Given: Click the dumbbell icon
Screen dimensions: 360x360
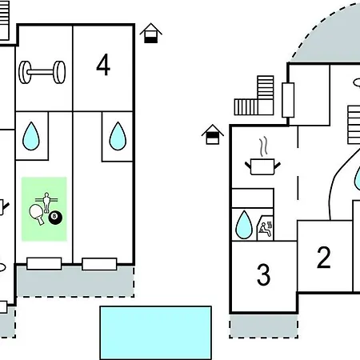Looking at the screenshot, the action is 42,72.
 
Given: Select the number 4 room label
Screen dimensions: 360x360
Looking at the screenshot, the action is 103,65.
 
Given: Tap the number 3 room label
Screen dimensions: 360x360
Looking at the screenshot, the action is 263,274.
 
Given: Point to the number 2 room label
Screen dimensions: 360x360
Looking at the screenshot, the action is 324,258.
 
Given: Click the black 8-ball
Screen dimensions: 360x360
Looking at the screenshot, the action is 55,218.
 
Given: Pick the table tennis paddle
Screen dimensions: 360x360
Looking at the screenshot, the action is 37,214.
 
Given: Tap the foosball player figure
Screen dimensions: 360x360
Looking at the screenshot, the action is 46,202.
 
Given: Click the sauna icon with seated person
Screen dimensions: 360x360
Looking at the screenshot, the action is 266,228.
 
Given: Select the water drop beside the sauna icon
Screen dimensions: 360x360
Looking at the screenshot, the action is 244,225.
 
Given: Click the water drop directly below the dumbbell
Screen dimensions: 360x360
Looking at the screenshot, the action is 31,136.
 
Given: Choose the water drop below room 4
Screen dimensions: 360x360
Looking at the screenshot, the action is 118,136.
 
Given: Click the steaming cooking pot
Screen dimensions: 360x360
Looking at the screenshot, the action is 262,166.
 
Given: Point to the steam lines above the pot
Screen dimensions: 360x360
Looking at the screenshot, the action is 263,146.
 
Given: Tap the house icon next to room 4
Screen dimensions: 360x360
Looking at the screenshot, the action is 151,33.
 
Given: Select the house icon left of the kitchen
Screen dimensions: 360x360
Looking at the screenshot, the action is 213,134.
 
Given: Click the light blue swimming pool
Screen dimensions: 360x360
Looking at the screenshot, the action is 156,333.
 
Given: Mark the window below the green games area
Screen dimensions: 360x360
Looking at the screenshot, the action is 44,264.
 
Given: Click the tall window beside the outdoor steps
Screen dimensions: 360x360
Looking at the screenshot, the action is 288,100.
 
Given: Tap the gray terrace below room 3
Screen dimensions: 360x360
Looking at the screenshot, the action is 263,326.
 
